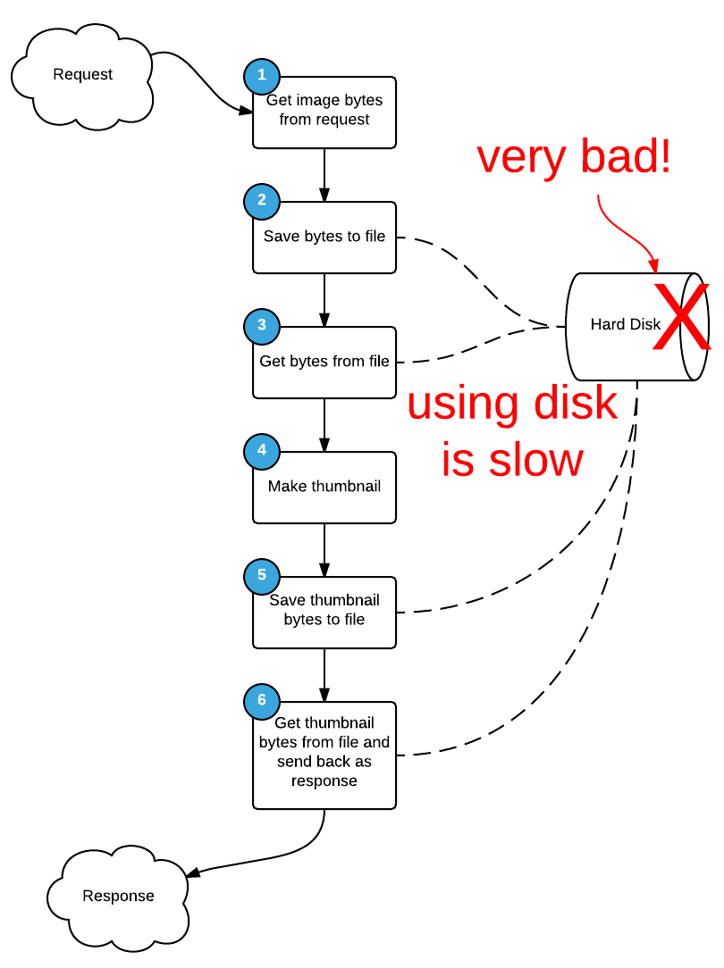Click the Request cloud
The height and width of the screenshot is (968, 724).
(82, 75)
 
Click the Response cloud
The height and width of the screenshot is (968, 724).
(118, 896)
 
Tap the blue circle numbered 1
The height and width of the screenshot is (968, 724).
(261, 76)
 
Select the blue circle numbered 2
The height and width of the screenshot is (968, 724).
(261, 201)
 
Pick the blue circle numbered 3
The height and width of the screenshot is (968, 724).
(261, 326)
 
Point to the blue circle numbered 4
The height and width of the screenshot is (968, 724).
(261, 451)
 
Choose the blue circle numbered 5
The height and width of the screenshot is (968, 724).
(261, 576)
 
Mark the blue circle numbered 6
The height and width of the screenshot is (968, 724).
(261, 701)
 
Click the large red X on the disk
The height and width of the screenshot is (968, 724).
(681, 317)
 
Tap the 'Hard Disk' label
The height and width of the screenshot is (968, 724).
(625, 325)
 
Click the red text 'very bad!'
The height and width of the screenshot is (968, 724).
(573, 158)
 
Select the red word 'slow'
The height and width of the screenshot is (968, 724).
(536, 460)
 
